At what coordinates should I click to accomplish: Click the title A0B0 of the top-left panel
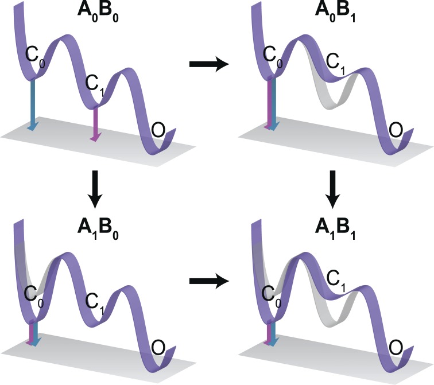[x=96, y=12]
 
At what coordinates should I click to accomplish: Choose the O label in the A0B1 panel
[x=395, y=131]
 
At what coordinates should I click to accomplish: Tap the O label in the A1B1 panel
[x=396, y=348]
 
